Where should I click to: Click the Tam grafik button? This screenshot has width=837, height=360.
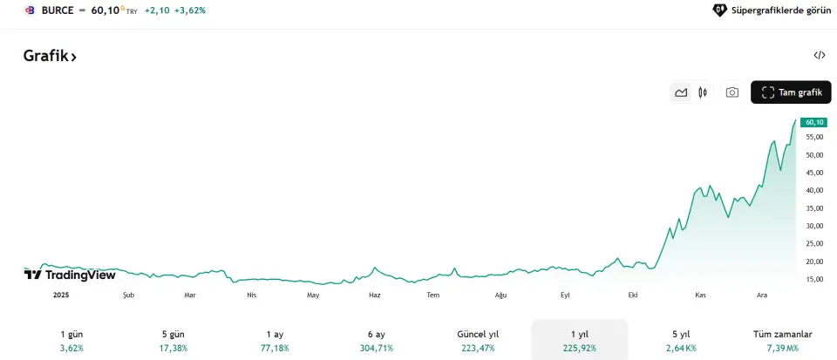pyautogui.click(x=792, y=92)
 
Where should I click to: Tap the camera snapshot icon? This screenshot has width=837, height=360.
pyautogui.click(x=732, y=92)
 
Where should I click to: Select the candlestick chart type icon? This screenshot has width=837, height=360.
pyautogui.click(x=702, y=92)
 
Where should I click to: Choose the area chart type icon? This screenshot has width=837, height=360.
pyautogui.click(x=681, y=92)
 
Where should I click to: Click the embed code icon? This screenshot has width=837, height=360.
pyautogui.click(x=819, y=55)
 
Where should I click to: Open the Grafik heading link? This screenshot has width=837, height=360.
pyautogui.click(x=50, y=56)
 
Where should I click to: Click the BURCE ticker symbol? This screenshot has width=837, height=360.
pyautogui.click(x=58, y=10)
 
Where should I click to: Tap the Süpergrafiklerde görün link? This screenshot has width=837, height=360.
pyautogui.click(x=772, y=10)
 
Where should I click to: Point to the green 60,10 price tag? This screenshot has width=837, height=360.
pyautogui.click(x=814, y=123)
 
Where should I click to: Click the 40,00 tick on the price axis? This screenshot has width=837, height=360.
pyautogui.click(x=814, y=190)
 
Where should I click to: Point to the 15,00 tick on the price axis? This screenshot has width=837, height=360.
pyautogui.click(x=814, y=279)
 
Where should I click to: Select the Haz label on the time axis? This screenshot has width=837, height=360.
pyautogui.click(x=375, y=295)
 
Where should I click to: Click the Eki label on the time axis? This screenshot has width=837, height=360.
pyautogui.click(x=633, y=295)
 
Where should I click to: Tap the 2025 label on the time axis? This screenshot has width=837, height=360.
pyautogui.click(x=61, y=295)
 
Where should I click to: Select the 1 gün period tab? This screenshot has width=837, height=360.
pyautogui.click(x=71, y=340)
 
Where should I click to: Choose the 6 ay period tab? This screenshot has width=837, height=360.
pyautogui.click(x=375, y=340)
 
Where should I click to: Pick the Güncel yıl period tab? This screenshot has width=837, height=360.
pyautogui.click(x=478, y=340)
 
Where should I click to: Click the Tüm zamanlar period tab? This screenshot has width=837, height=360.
pyautogui.click(x=782, y=340)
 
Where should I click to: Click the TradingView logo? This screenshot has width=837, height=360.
pyautogui.click(x=70, y=275)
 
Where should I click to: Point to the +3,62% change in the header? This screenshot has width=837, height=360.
pyautogui.click(x=191, y=10)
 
